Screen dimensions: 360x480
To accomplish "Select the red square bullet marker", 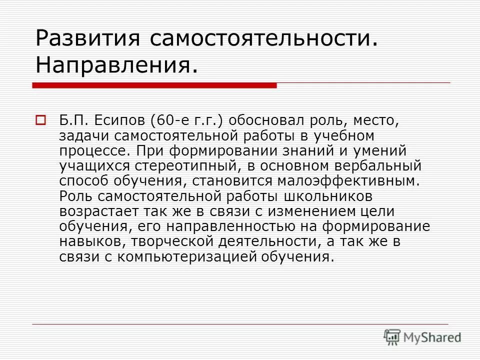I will coord(40,120).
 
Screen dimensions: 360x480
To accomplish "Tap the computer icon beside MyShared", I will coord(392,337).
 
